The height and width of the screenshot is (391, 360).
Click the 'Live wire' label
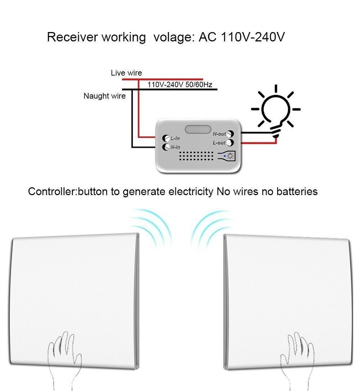tap(126, 73)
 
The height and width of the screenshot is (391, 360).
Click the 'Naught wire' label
tap(104, 96)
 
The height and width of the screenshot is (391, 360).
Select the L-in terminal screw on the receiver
tap(165, 138)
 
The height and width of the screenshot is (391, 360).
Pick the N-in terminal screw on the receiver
tap(165, 147)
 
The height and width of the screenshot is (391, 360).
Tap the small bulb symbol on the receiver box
tap(231, 157)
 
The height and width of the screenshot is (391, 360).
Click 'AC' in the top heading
tap(208, 38)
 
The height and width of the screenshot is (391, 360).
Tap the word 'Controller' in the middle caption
tap(52, 192)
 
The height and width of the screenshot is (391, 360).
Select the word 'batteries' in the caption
tap(297, 192)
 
